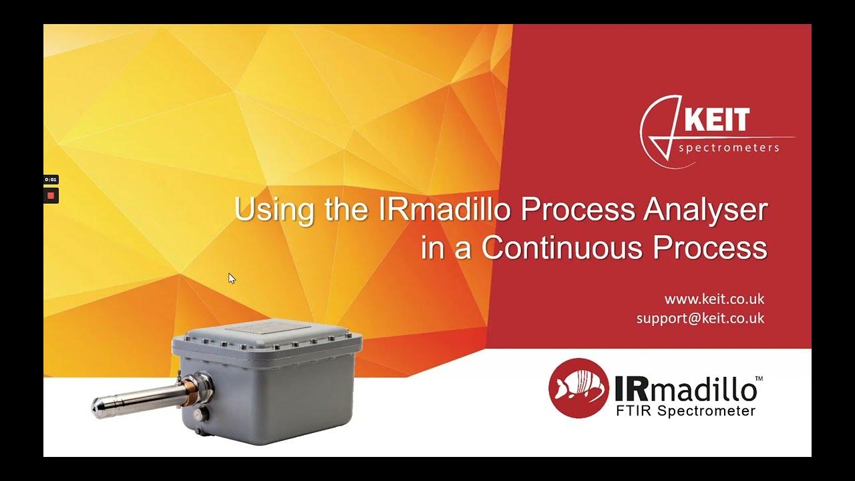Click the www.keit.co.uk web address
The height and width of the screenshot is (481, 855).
tap(714, 299)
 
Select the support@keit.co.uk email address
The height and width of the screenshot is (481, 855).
tap(700, 318)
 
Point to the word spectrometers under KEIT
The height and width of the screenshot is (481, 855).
tap(729, 148)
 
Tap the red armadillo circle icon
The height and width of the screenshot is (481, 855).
tap(578, 388)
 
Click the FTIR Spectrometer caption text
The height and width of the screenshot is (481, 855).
tap(685, 411)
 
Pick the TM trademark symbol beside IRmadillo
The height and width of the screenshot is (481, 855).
tap(759, 379)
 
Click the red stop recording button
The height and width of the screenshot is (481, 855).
tap(51, 196)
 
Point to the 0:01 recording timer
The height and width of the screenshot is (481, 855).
tap(51, 180)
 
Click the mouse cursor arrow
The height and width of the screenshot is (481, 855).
tap(232, 278)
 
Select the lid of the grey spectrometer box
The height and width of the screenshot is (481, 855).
tap(267, 334)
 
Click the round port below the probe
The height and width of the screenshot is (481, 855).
tap(198, 415)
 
